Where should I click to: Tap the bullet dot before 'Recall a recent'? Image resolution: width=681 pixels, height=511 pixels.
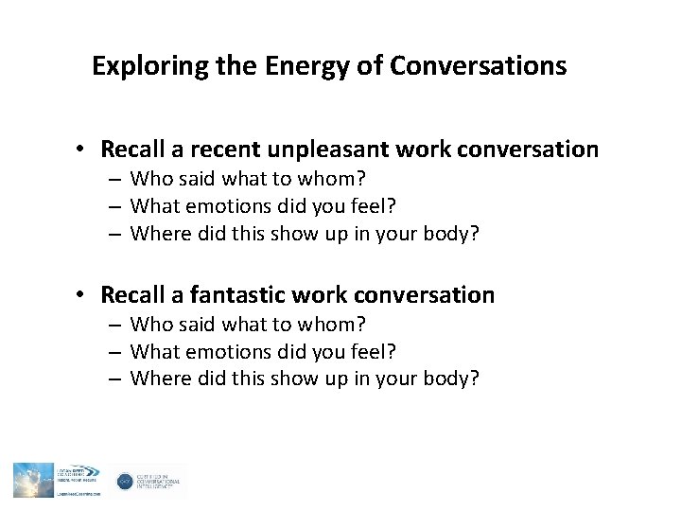point(84,150)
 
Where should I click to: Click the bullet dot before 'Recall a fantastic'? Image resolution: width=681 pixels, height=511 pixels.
point(84,295)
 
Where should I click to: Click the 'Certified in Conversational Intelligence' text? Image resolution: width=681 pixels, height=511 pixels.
point(161,482)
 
